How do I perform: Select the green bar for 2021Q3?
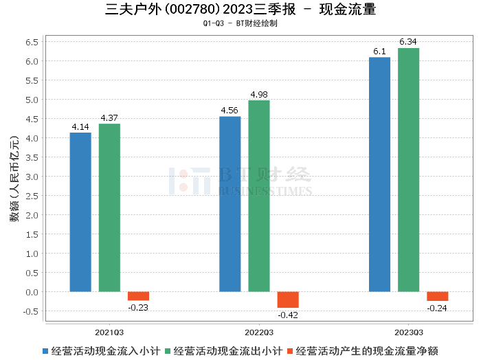(109, 207)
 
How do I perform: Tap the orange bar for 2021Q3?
(138, 296)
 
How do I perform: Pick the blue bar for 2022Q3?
(230, 204)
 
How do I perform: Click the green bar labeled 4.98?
(259, 196)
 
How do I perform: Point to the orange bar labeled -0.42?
(288, 300)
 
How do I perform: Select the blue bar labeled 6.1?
(379, 175)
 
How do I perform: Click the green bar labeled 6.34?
(408, 170)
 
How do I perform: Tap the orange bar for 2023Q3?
(437, 296)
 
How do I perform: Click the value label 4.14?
(80, 127)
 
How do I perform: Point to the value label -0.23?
(138, 307)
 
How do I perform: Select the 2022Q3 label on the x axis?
(259, 330)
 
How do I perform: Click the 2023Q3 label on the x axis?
(408, 330)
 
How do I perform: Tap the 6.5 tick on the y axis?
(32, 42)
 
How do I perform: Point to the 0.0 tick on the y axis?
(32, 292)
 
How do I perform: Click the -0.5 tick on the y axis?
(30, 311)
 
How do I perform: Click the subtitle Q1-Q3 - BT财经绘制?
(240, 23)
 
